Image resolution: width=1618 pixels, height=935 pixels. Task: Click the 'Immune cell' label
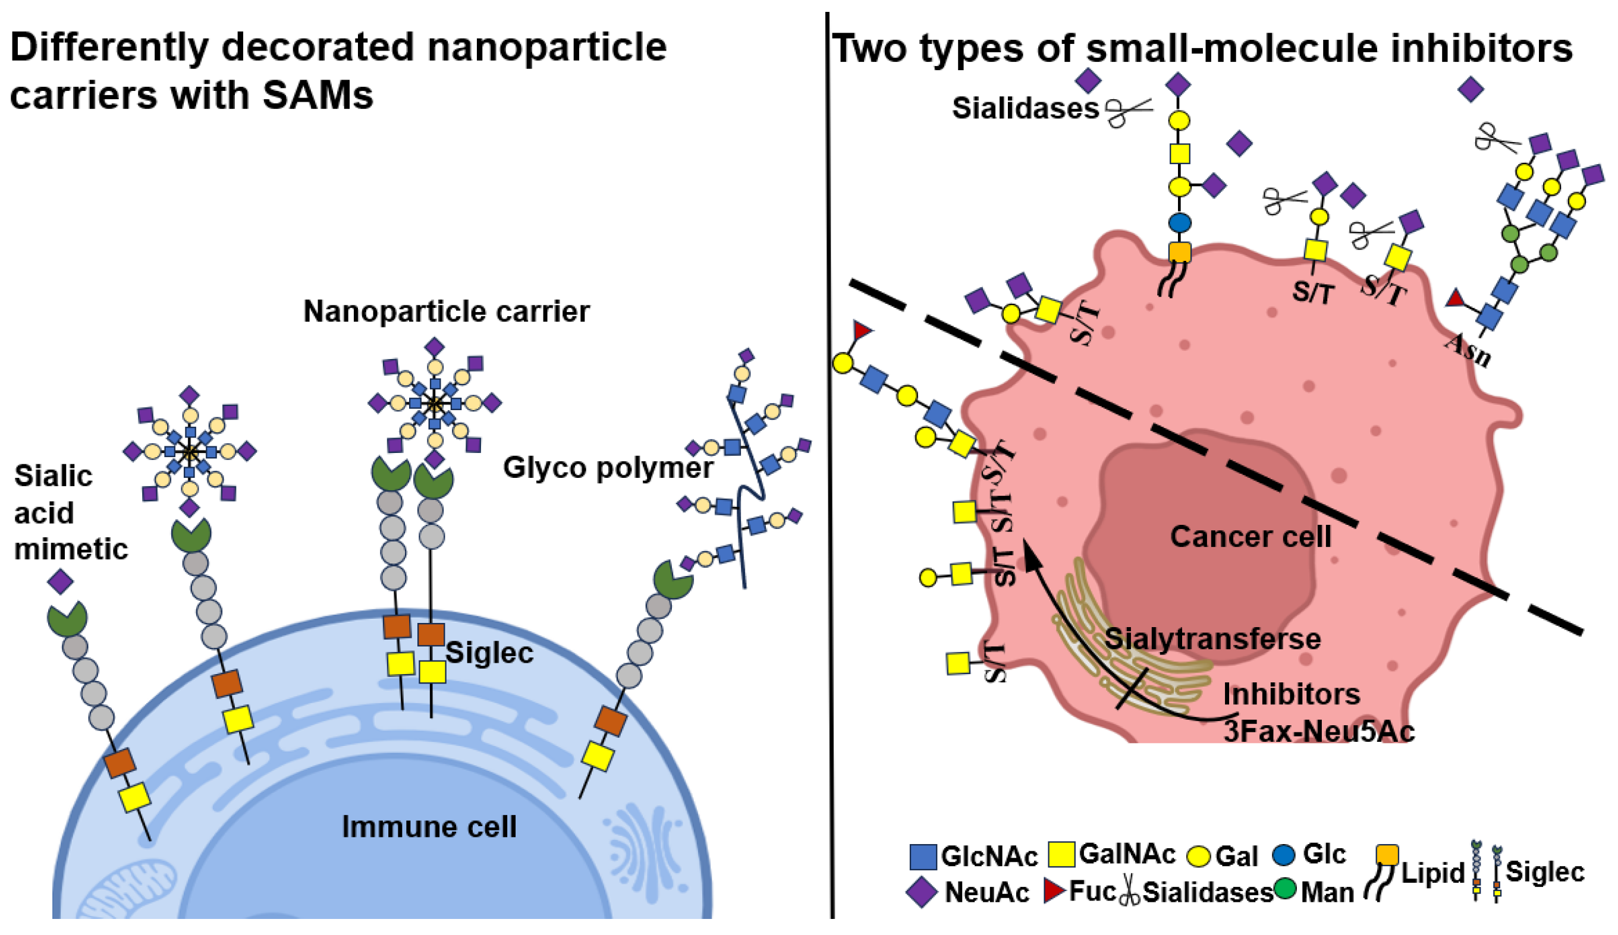point(429,827)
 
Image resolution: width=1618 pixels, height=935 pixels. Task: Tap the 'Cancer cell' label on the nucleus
point(1250,537)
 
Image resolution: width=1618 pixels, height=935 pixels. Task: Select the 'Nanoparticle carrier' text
point(446,311)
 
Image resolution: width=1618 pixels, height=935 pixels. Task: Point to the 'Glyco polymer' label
point(607,467)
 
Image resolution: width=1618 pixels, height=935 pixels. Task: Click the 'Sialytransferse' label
point(1212,638)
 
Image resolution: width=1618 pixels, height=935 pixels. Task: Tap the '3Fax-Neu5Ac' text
point(1319,731)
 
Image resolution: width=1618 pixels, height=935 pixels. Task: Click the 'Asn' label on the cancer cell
point(1468,350)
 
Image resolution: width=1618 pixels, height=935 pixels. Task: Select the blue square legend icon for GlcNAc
point(923,857)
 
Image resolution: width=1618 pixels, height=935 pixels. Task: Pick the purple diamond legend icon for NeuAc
point(921,893)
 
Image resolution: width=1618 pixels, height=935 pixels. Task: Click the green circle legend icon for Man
point(1285,889)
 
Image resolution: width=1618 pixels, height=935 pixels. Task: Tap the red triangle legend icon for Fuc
point(1054,891)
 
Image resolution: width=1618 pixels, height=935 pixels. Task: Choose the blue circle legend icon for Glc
point(1284,854)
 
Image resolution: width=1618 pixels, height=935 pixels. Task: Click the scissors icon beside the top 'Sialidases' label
point(1128,112)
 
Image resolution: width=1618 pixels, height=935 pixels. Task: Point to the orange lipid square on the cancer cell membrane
point(1180,251)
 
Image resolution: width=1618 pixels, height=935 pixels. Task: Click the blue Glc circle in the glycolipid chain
point(1180,223)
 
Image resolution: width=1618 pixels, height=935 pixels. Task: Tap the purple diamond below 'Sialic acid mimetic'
point(60,581)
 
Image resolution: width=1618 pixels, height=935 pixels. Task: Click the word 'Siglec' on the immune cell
point(489,653)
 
